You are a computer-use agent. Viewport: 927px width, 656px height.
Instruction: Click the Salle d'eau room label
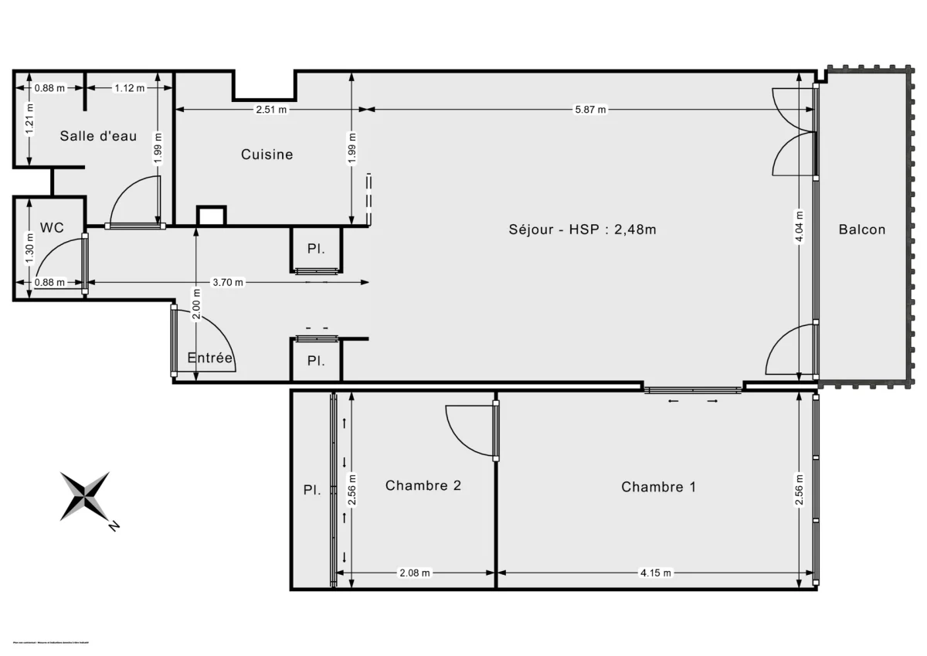[98, 136]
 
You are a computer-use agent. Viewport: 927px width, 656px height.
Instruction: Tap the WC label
[52, 228]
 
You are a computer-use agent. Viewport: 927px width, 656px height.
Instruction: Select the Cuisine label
[267, 155]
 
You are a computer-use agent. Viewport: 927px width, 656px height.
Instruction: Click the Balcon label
[862, 229]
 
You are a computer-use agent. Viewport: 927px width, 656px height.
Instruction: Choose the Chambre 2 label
[423, 486]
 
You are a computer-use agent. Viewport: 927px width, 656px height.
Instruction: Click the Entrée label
[210, 358]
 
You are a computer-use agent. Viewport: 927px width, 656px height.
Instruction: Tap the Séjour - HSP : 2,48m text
[582, 229]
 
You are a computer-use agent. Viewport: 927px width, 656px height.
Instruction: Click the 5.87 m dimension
[590, 110]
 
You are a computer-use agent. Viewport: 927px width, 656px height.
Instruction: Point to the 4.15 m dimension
[656, 573]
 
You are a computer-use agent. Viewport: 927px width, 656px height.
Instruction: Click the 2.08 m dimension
[414, 573]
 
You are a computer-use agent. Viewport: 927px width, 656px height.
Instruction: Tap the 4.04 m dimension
[799, 227]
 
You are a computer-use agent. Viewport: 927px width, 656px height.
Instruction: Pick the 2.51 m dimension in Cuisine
[271, 110]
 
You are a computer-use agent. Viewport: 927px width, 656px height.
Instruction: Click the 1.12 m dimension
[129, 88]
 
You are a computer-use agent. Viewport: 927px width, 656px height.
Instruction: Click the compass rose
[85, 495]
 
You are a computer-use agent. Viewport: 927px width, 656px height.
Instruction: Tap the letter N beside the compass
[114, 526]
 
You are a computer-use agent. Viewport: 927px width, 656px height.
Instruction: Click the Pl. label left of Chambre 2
[311, 490]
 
